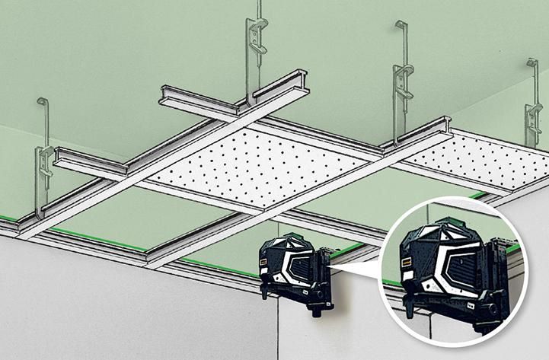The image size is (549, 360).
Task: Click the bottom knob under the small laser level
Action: pyautogui.click(x=266, y=292)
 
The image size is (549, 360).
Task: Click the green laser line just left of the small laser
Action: pyautogui.click(x=221, y=266)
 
